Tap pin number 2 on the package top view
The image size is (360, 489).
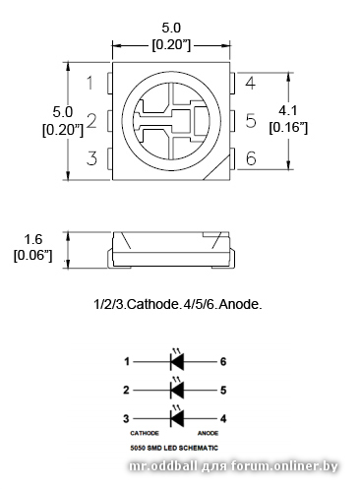click(90, 121)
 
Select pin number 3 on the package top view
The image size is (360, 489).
click(90, 158)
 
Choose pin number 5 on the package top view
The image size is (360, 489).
click(251, 121)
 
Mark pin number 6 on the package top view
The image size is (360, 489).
click(251, 158)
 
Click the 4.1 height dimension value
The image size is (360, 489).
click(289, 110)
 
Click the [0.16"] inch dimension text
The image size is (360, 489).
click(289, 128)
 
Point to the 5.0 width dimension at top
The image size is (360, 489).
click(172, 29)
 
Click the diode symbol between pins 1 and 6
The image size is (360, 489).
click(177, 361)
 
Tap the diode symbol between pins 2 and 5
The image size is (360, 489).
click(177, 390)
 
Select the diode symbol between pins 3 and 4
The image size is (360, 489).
click(177, 418)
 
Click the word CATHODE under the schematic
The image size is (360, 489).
click(145, 432)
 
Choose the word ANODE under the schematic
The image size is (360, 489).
click(208, 432)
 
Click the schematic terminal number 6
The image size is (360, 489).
click(223, 361)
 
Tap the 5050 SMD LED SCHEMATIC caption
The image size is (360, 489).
click(176, 447)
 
